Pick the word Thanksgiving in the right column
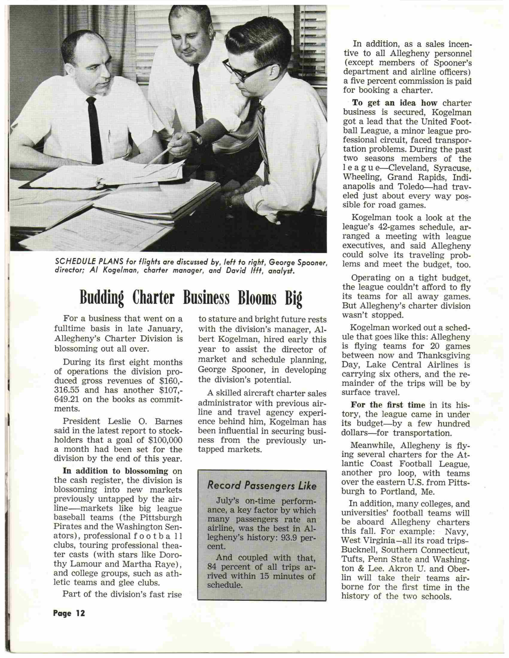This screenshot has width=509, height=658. click(x=448, y=356)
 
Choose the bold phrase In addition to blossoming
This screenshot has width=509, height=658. click(x=115, y=471)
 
